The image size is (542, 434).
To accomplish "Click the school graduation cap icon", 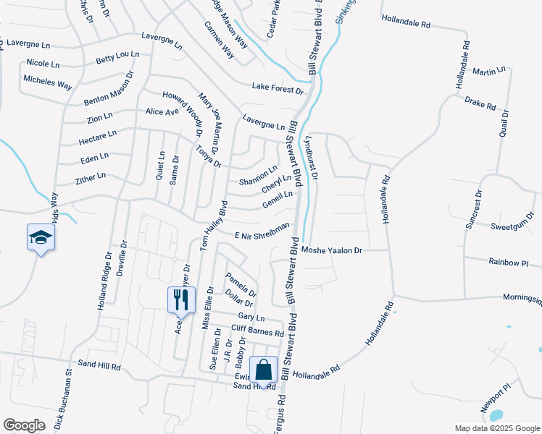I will pos(40,237).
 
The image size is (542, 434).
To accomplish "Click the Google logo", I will pos(24,425).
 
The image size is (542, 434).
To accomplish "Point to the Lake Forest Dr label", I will pos(278,88).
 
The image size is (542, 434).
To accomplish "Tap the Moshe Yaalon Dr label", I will pos(331,250).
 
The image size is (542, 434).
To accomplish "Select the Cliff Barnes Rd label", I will pos(257,331).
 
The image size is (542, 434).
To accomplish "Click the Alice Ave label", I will pos(162,111).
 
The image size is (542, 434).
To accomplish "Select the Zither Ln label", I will pos(91,176).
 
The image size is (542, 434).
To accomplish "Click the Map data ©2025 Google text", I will pos(496,428).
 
